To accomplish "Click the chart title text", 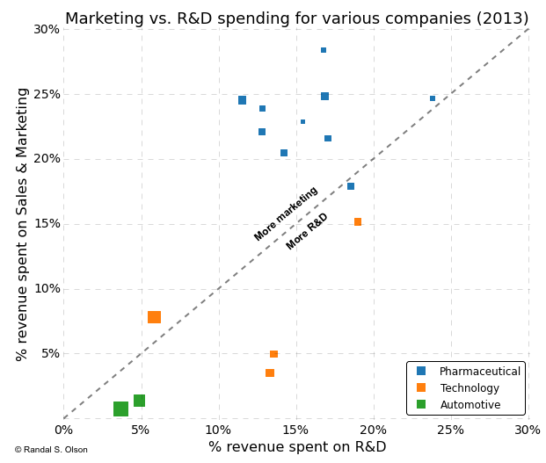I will [296, 18].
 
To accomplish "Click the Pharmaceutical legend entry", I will [479, 372].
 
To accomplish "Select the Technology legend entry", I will [470, 388].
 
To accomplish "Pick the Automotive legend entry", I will [470, 405].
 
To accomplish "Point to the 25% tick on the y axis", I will [47, 94].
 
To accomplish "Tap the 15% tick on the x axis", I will [296, 430].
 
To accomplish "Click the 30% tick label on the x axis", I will [528, 430].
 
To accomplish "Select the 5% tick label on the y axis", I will [51, 353].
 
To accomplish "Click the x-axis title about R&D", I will [296, 447].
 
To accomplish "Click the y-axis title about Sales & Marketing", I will [23, 224].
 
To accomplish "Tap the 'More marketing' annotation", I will [286, 213].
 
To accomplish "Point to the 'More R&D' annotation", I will [307, 231].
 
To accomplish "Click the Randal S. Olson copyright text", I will [50, 450].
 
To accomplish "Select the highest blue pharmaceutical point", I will [324, 50].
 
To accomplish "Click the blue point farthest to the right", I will [433, 98].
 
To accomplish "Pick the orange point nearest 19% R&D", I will [358, 222].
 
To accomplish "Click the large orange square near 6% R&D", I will [154, 317].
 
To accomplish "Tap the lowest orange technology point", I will [270, 373].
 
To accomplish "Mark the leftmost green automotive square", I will [120, 409].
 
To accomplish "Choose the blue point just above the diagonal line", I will [351, 186].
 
